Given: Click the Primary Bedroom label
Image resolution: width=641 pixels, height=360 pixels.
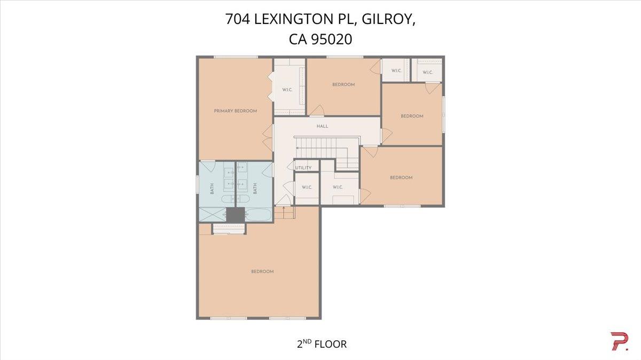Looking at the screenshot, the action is coord(235,111).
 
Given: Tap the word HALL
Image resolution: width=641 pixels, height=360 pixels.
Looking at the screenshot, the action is coord(322,126).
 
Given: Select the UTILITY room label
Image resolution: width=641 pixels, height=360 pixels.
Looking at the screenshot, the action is coord(303,168).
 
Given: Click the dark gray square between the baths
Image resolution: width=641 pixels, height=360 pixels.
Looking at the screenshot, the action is coord(236,215).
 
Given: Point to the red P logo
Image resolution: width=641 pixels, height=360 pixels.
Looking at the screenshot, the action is coord(619,341).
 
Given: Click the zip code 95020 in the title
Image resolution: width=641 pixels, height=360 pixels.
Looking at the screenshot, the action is coord(331,39).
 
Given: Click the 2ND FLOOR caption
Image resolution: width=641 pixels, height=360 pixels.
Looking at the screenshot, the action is coord(322,343).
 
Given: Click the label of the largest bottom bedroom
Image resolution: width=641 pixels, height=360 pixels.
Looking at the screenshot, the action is coord(262,271).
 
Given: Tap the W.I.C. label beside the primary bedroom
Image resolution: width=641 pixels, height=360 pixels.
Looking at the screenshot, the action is coord(287,90).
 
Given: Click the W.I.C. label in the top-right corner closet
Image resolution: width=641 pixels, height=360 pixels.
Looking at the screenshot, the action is coord(427,73).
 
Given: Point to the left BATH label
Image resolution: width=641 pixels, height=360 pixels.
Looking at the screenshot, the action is coord(212,189).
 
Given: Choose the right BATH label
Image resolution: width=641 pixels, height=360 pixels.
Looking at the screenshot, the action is coord(255,189).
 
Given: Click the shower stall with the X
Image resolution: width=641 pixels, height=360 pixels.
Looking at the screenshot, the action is coord(213,214).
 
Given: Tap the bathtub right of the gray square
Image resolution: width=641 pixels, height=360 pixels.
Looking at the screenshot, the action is coord(259,215).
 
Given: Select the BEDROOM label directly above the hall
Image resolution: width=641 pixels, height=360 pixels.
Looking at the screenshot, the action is coord(343,84).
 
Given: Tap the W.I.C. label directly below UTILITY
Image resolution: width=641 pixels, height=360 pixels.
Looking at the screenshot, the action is coord(307,187).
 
